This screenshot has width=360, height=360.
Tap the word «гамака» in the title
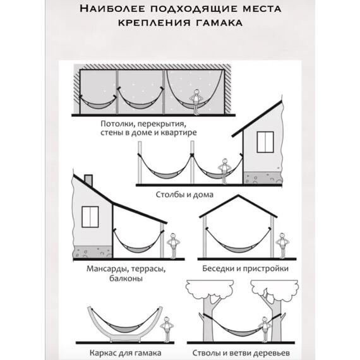coord(218,23)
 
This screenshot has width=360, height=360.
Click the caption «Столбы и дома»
coord(184,195)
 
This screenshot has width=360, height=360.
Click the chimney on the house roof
coord(88,180)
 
